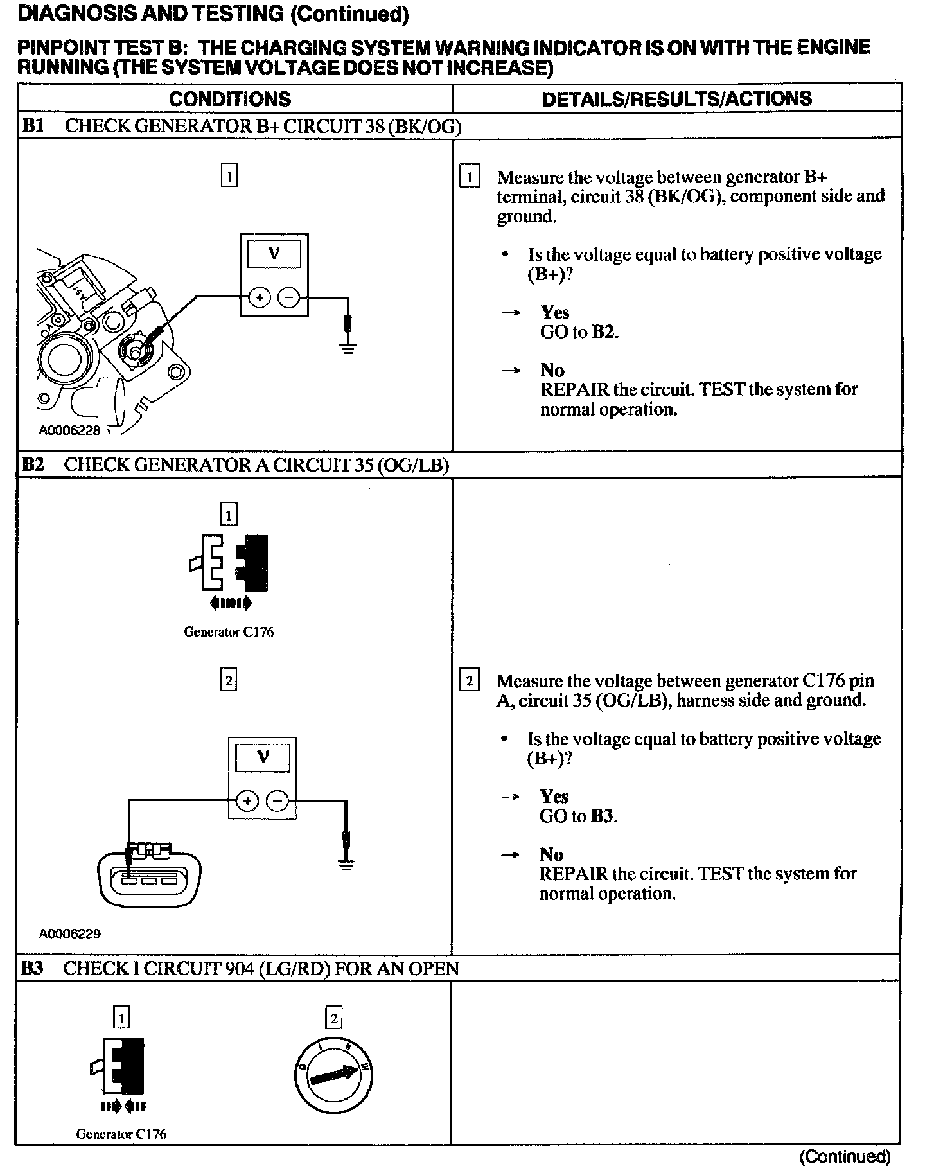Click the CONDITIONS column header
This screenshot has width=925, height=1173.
coord(229,99)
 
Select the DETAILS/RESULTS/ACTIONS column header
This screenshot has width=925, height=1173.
coord(676,99)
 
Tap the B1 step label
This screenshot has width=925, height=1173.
coord(33,126)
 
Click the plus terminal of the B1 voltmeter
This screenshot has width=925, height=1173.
coord(259,297)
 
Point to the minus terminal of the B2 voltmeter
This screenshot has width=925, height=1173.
coord(278,801)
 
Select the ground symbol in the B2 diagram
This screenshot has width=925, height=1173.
coord(346,865)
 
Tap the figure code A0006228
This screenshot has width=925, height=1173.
coord(69,430)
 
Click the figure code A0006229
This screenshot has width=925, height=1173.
coord(69,933)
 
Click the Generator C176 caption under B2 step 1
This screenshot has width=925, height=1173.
coord(229,632)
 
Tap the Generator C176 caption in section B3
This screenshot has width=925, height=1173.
coord(121,1134)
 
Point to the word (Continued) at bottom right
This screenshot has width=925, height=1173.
coord(845,1157)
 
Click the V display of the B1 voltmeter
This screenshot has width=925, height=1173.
coord(274,254)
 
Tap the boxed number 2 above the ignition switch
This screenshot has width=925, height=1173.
coord(333,1018)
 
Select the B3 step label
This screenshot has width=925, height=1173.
coord(31,968)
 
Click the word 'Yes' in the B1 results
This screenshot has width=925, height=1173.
coord(555,312)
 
